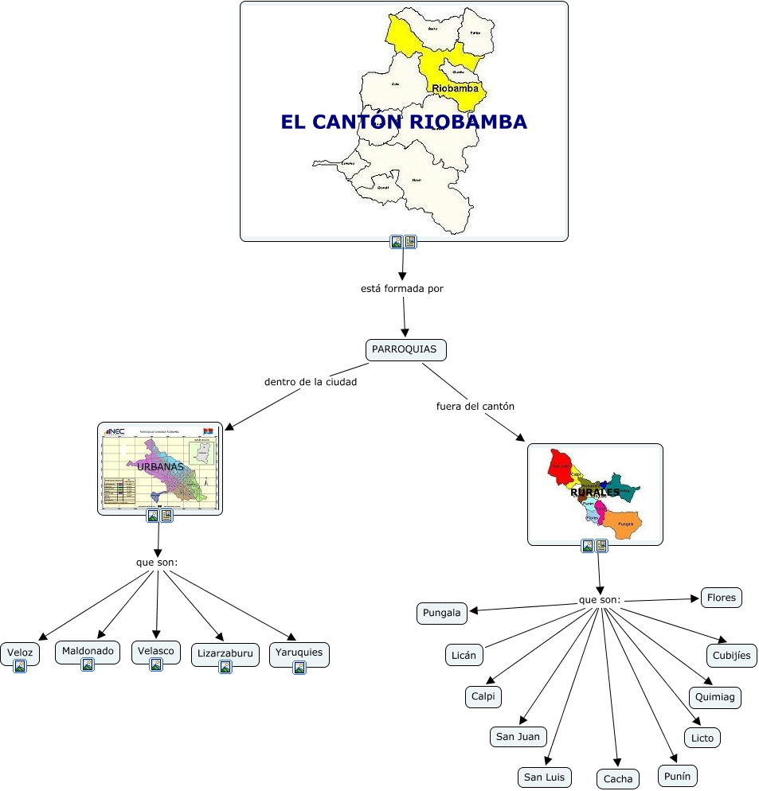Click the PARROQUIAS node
(405, 349)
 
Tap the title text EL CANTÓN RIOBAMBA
(404, 122)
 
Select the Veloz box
(19, 653)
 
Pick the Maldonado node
(88, 651)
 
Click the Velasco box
(155, 651)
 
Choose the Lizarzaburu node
(225, 654)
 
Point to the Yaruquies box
(299, 653)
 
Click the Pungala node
(441, 613)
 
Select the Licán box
(464, 655)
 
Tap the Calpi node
(483, 696)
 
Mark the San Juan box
(518, 736)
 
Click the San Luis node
(545, 777)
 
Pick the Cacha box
(617, 778)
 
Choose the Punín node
(678, 775)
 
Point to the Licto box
(702, 738)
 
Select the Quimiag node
(715, 697)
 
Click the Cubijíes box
(731, 655)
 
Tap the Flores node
(721, 598)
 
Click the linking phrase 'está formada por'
(402, 289)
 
